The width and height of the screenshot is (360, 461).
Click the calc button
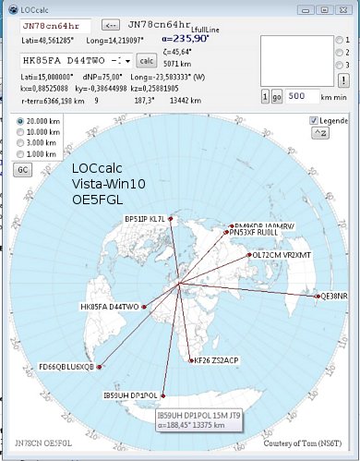click(147, 60)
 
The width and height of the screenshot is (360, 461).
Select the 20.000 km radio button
click(22, 121)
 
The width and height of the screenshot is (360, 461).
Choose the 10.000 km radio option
click(22, 132)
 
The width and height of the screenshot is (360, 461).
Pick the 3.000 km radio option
click(22, 143)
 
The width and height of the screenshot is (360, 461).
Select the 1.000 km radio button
click(22, 154)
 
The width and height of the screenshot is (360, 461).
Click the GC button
click(24, 171)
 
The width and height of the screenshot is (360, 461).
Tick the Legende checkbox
click(315, 121)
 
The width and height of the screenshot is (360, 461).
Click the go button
click(277, 96)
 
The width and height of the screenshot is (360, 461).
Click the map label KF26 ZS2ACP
click(217, 359)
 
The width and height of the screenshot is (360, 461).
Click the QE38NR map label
click(331, 296)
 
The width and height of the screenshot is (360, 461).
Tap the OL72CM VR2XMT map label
click(282, 254)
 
